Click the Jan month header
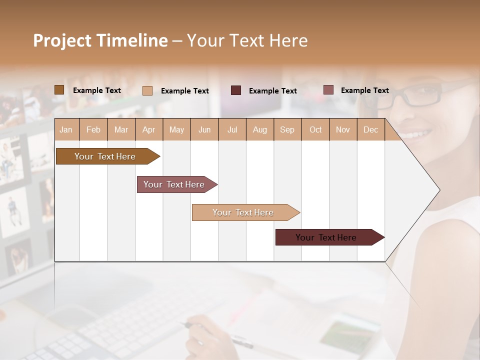66,129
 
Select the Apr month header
149,129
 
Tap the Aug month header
259,129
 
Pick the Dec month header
370,129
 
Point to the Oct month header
315,129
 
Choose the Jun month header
204,129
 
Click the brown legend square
59,90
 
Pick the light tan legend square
147,90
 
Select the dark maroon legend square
236,90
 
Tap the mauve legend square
328,90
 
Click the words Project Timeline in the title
100,40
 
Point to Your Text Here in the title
247,40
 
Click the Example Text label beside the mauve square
364,90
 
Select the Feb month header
93,129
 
